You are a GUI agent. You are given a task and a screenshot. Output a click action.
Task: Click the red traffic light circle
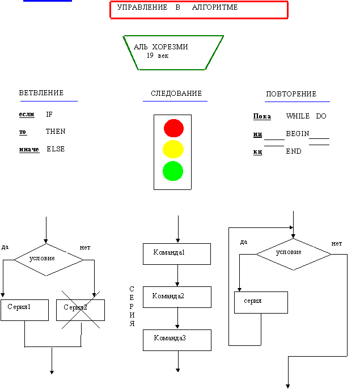click(x=173, y=128)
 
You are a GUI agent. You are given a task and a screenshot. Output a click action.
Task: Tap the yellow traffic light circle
click(x=173, y=149)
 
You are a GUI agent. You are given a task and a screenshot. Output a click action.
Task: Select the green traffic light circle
click(x=173, y=171)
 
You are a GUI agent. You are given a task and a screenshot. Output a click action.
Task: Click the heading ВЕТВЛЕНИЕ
click(x=41, y=93)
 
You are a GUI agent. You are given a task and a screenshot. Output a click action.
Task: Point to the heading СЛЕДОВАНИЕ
click(x=176, y=94)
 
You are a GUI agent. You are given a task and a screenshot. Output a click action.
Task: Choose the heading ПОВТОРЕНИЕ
click(x=291, y=94)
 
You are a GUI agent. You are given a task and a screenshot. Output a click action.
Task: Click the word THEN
click(x=56, y=132)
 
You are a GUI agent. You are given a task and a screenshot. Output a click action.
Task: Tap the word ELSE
click(x=56, y=149)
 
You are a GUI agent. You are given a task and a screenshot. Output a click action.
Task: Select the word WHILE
click(x=298, y=116)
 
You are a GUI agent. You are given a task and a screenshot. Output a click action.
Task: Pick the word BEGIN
click(x=297, y=134)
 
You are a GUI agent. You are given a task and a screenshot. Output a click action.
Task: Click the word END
click(x=294, y=152)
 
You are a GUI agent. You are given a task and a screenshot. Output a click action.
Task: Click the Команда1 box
click(x=177, y=254)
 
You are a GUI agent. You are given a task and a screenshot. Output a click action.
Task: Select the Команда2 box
click(x=177, y=297)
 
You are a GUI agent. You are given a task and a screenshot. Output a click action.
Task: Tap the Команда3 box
click(x=177, y=340)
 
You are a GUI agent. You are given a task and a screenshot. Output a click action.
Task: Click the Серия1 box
click(x=24, y=310)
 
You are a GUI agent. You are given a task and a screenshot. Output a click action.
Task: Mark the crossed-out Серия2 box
click(x=81, y=310)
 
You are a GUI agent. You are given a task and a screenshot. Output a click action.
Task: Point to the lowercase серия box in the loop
click(x=261, y=302)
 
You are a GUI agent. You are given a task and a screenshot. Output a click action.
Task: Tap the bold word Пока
click(x=262, y=116)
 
